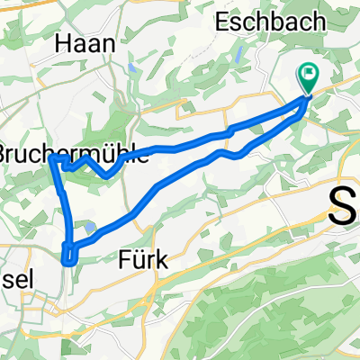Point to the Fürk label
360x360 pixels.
[142, 260]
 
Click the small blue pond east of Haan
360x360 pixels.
[132, 67]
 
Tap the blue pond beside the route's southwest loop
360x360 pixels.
[91, 227]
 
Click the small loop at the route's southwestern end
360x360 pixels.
[68, 253]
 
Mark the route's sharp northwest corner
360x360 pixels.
[54, 158]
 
